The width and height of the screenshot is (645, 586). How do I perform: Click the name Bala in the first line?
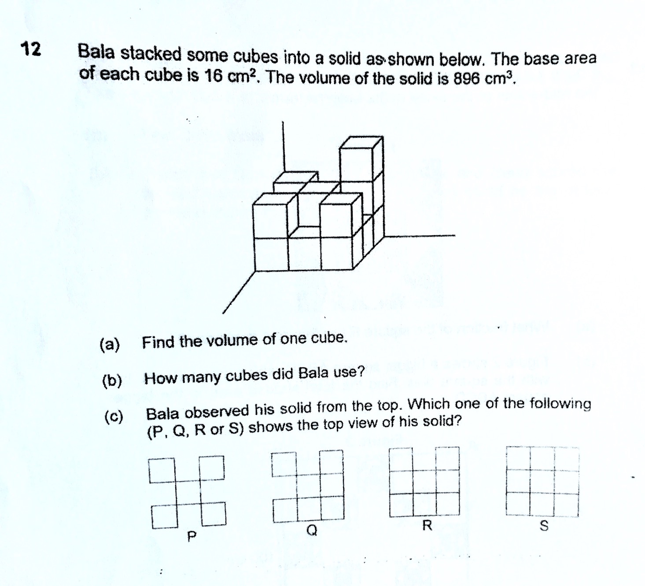[x=96, y=53]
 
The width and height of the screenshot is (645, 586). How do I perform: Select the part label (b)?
[x=112, y=380]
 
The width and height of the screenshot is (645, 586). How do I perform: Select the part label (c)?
[x=114, y=416]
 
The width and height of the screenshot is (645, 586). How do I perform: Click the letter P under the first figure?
[x=191, y=537]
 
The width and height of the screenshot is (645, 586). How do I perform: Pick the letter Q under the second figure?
[x=312, y=530]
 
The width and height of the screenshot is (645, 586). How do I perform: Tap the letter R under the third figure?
[x=427, y=525]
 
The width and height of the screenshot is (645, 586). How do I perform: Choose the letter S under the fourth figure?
[x=544, y=526]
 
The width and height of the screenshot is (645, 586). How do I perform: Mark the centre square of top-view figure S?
[x=542, y=481]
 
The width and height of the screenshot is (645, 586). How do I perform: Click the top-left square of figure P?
[x=162, y=470]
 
